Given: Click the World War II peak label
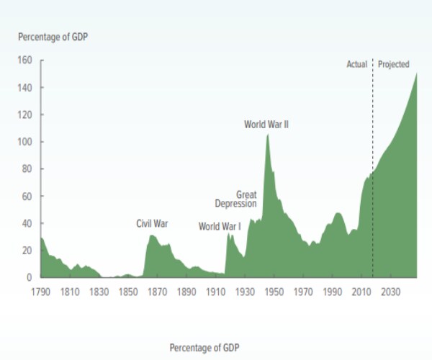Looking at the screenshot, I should pyautogui.click(x=266, y=125).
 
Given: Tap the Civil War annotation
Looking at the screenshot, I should pyautogui.click(x=152, y=224).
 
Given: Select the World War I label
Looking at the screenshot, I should pyautogui.click(x=220, y=227).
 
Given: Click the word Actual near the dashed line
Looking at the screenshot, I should pyautogui.click(x=356, y=65).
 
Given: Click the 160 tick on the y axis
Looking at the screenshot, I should pyautogui.click(x=25, y=60).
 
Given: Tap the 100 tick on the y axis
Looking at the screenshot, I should pyautogui.click(x=25, y=142).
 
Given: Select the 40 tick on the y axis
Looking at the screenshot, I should pyautogui.click(x=27, y=223).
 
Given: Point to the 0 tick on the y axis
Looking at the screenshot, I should pyautogui.click(x=30, y=277).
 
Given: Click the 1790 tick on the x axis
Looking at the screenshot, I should pyautogui.click(x=40, y=292).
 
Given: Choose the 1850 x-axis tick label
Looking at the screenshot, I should pyautogui.click(x=127, y=292).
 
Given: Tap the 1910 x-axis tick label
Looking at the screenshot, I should pyautogui.click(x=215, y=292).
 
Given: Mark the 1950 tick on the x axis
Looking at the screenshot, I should pyautogui.click(x=274, y=292).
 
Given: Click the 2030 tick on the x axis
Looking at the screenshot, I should pyautogui.click(x=390, y=292).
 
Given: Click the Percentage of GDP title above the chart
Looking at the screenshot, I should pyautogui.click(x=52, y=36).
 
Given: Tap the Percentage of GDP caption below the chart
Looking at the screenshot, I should pyautogui.click(x=204, y=348).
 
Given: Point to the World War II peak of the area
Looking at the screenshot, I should pyautogui.click(x=268, y=135).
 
